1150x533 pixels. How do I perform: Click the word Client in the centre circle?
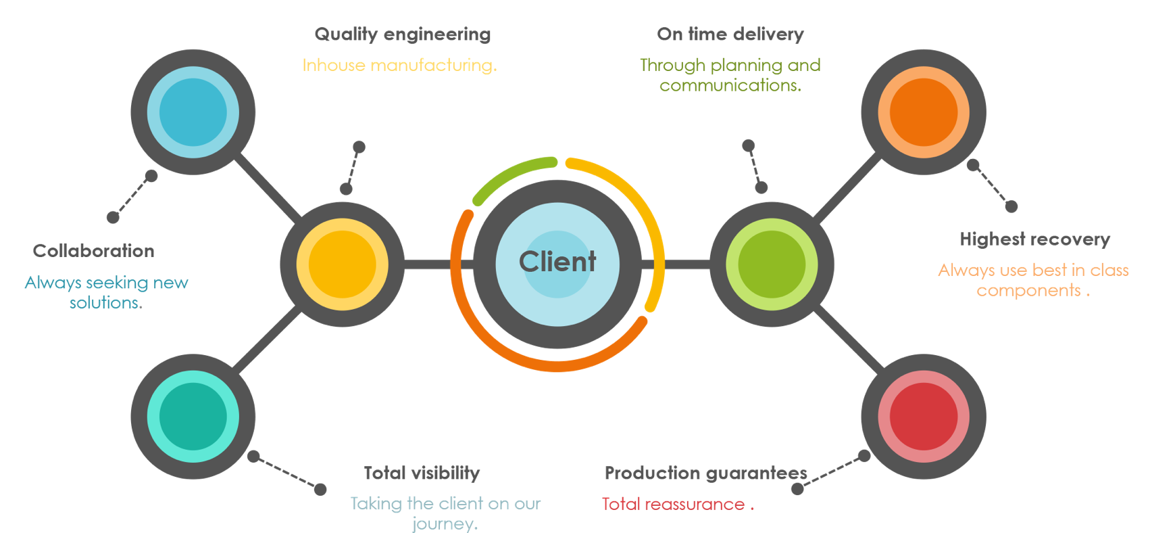click(557, 262)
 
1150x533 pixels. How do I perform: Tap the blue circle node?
click(193, 112)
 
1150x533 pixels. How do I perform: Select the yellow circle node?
click(342, 264)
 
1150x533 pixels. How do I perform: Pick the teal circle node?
click(193, 417)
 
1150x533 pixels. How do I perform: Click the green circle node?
click(772, 264)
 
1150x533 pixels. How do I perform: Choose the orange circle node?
click(924, 112)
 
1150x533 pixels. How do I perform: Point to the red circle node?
click(924, 417)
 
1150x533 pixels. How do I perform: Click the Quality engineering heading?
click(403, 34)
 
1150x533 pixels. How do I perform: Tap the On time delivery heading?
click(730, 34)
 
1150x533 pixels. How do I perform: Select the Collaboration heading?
click(94, 251)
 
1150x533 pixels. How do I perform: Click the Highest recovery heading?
click(1035, 239)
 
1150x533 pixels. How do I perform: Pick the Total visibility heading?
click(422, 473)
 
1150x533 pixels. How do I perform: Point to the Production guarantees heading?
click(706, 473)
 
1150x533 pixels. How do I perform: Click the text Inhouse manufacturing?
click(399, 66)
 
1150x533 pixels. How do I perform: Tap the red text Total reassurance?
click(674, 505)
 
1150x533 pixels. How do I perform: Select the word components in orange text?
click(1028, 291)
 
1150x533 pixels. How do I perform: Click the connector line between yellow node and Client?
click(427, 264)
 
